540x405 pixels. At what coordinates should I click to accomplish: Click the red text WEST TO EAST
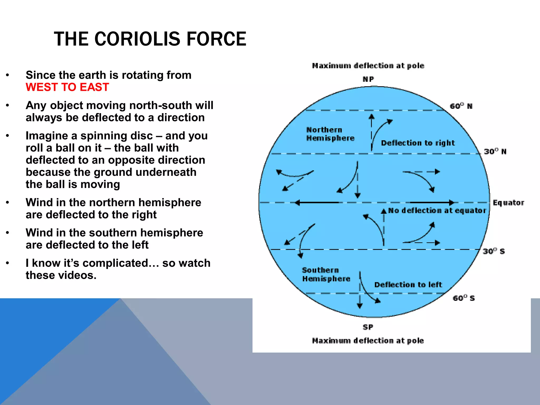(x=67, y=87)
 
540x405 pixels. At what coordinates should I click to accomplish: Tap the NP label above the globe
(x=368, y=79)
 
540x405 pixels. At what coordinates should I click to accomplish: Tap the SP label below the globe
(x=368, y=327)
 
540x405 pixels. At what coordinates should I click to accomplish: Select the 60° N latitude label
(x=461, y=106)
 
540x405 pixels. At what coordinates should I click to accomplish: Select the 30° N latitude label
(x=495, y=152)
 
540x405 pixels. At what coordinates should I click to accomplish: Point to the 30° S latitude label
(x=494, y=251)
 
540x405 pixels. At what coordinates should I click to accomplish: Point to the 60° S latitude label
(x=464, y=298)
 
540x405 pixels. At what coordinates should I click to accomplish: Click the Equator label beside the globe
(x=508, y=203)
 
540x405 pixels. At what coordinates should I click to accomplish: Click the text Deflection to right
(x=418, y=143)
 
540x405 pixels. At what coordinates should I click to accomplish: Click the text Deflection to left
(x=408, y=285)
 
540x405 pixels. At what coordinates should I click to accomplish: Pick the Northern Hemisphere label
(x=330, y=134)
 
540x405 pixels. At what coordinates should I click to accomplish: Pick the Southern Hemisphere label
(x=326, y=274)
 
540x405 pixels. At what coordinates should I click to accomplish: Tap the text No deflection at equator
(x=437, y=210)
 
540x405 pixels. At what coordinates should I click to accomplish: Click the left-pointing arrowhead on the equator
(x=298, y=203)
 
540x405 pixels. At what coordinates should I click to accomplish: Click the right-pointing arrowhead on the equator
(x=451, y=202)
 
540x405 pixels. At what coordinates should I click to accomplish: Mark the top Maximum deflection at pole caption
(x=368, y=66)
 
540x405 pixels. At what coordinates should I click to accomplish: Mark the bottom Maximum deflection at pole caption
(x=368, y=341)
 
